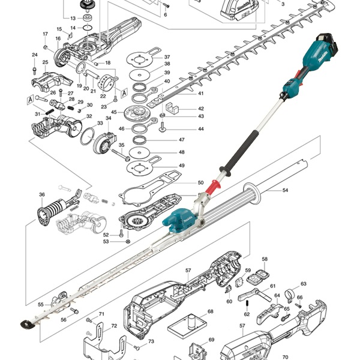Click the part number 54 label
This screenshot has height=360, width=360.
[286, 190]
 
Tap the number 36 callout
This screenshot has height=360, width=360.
[42, 194]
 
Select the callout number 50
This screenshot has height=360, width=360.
[200, 182]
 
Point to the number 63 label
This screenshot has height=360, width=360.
[304, 283]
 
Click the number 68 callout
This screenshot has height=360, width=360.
[211, 312]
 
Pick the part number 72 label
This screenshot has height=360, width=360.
[114, 326]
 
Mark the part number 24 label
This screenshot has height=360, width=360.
[34, 55]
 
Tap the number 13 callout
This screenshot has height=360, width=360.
[73, 19]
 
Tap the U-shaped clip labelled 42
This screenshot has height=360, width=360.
[173, 109]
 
